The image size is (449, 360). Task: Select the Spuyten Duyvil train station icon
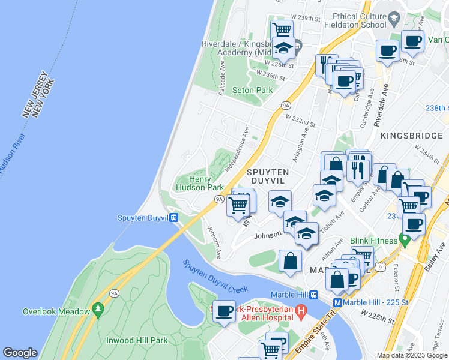coord(174,217)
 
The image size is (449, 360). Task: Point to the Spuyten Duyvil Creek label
coord(215,276)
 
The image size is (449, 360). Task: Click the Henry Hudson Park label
coord(199,183)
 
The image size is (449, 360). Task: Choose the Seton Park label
coord(252,91)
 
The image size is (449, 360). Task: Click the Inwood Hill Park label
coord(137,340)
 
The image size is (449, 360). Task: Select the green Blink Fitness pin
coord(405,241)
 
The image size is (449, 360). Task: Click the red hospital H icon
coord(302,311)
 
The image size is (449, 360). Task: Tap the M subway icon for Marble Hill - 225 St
coord(337,303)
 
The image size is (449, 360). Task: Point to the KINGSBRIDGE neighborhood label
coord(411,136)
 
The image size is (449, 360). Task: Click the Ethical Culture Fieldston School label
coord(355,21)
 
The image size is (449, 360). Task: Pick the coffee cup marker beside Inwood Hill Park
coord(224,311)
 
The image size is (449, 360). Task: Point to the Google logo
coord(20,353)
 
